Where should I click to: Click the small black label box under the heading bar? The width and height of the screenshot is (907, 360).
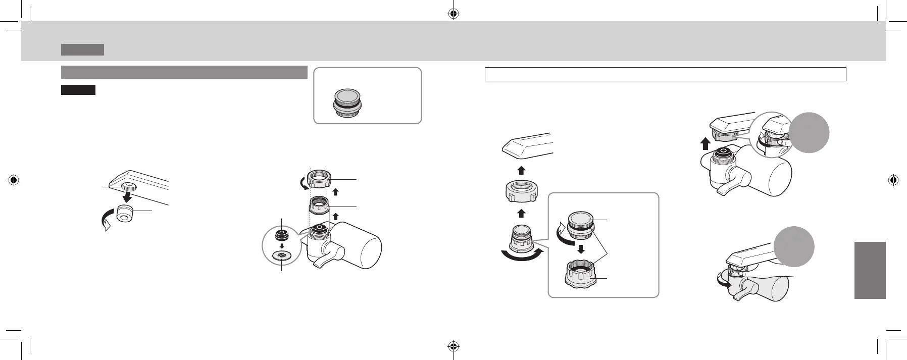(78, 90)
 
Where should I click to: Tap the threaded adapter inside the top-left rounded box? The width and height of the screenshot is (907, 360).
(347, 104)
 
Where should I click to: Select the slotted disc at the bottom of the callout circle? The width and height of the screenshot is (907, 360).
(282, 256)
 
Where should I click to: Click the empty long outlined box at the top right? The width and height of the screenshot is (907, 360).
(665, 74)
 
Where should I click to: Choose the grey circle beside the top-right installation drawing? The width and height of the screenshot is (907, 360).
(809, 133)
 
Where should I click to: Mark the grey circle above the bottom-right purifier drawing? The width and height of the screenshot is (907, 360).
(794, 247)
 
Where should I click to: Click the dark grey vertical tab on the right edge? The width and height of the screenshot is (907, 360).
(870, 270)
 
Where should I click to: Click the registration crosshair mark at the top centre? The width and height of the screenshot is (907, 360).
(453, 14)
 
